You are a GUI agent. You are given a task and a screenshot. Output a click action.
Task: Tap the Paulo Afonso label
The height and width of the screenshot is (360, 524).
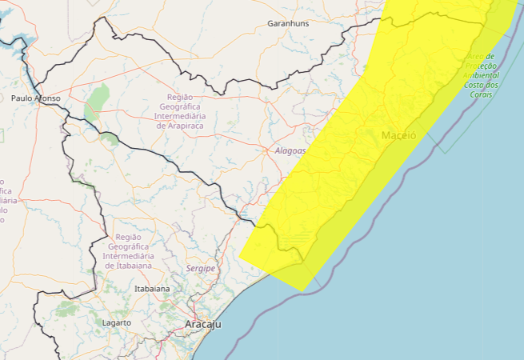[x=36, y=98]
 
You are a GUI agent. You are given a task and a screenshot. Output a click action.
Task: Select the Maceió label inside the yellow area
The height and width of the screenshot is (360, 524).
[x=398, y=135]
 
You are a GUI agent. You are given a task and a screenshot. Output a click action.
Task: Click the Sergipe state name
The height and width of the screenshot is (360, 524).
[x=201, y=269]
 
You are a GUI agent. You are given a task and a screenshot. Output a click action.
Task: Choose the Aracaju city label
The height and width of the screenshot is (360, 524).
[x=202, y=325]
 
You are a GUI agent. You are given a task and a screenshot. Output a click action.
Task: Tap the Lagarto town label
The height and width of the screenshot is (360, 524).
[x=116, y=322]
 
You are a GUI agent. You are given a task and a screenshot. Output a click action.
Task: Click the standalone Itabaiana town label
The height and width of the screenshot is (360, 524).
[x=152, y=288]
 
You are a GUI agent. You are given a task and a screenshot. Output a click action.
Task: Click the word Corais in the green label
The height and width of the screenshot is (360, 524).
[x=482, y=94]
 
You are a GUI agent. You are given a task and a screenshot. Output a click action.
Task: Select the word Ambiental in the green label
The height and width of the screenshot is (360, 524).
[x=481, y=75]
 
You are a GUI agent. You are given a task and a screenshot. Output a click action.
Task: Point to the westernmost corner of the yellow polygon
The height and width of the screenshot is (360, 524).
[x=239, y=258]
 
